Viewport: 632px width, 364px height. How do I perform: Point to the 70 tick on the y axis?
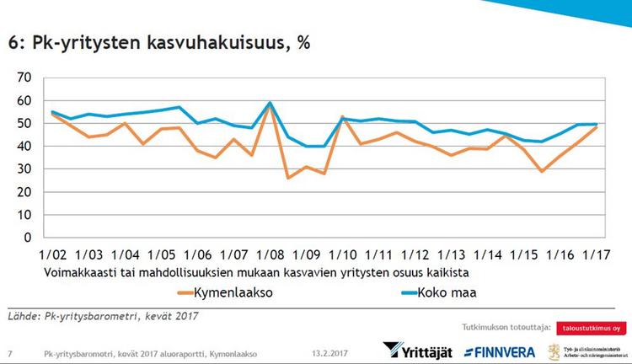point(24,78)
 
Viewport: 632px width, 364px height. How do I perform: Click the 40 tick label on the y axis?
point(24,147)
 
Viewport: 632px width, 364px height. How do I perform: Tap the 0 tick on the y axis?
point(28,238)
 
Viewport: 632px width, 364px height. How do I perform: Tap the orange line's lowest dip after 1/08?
point(288,178)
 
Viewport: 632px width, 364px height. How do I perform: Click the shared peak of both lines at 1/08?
point(270,104)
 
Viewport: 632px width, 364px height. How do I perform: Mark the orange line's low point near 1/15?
point(542,171)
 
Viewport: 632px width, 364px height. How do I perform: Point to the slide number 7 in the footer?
point(9,352)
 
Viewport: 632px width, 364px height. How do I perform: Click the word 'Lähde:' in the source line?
point(24,317)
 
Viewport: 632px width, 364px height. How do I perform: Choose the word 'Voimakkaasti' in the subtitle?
point(77,273)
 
